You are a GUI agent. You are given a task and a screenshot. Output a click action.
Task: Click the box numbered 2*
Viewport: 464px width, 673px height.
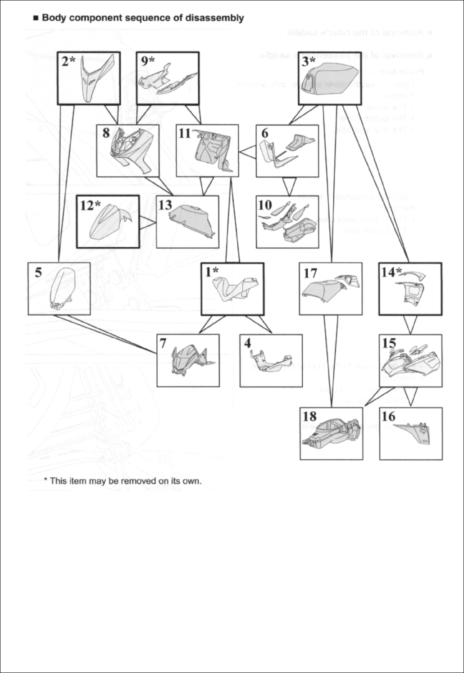(x=89, y=78)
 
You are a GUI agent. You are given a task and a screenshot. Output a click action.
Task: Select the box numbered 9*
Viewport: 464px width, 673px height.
(x=167, y=78)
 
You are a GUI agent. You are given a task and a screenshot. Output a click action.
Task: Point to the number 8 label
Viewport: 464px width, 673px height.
(x=106, y=133)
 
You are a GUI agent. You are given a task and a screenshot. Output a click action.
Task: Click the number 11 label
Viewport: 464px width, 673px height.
(x=185, y=133)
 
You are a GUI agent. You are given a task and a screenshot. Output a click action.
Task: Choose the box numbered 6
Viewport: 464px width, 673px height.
(x=287, y=150)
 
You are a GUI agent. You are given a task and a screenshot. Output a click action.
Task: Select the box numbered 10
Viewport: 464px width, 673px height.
(x=287, y=222)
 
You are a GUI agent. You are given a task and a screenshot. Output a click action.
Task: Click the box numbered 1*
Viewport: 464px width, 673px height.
(x=232, y=289)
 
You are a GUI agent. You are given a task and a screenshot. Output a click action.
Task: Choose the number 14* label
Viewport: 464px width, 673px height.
(x=392, y=272)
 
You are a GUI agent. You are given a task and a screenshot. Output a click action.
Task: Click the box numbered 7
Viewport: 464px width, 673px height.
(x=188, y=360)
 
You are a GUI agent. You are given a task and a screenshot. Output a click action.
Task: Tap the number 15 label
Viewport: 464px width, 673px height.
(x=389, y=343)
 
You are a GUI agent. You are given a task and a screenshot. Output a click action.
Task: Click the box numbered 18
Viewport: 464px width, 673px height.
(x=332, y=433)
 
